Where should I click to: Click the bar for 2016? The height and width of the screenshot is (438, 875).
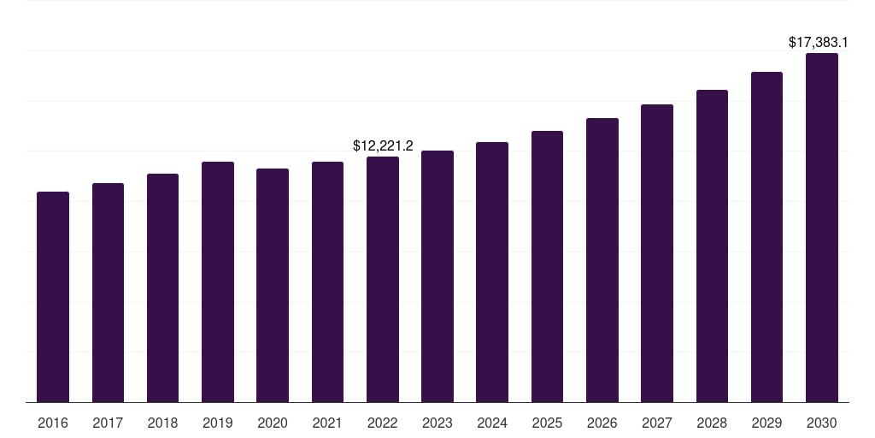[x=53, y=296]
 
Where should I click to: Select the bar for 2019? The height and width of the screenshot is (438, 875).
[x=218, y=281]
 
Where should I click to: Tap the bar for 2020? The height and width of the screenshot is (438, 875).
[x=273, y=285]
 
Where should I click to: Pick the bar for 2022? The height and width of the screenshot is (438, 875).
[x=383, y=279]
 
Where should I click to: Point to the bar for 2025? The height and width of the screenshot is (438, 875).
[x=547, y=266]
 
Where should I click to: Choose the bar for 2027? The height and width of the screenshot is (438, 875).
[x=657, y=252]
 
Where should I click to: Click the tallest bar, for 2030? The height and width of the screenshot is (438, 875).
[x=822, y=227]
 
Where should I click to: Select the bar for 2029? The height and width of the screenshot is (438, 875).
[x=766, y=236]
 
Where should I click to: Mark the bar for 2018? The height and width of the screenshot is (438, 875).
[x=162, y=287]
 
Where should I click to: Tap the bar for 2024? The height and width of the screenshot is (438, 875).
[x=492, y=271]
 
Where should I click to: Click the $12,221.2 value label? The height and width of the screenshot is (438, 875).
[x=383, y=146]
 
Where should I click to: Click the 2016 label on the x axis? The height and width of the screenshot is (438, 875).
[x=53, y=423]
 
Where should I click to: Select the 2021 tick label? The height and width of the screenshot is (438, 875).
[x=327, y=423]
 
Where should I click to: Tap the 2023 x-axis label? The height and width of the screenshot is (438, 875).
[x=437, y=423]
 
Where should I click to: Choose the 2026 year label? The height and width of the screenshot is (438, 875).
[x=602, y=423]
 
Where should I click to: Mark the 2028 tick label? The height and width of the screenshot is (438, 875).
[x=712, y=423]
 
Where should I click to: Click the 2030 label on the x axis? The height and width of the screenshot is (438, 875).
[x=822, y=423]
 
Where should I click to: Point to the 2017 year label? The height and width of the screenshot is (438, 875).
[x=108, y=423]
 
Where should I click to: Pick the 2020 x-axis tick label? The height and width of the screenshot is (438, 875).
[x=273, y=423]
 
